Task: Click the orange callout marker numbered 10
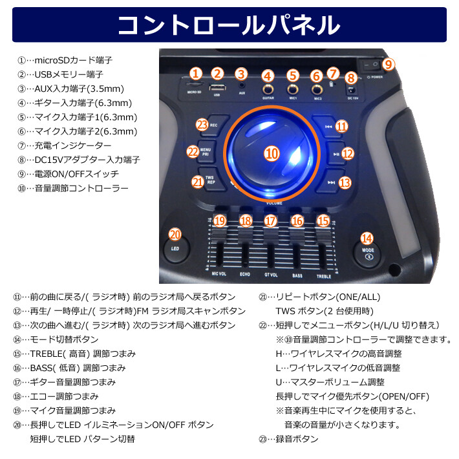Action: coord(272,153)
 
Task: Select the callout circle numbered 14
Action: coord(367,238)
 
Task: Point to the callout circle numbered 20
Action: coord(175,235)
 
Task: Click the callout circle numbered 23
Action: coord(202,123)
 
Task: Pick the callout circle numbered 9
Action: coord(388,64)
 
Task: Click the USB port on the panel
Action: coord(217,87)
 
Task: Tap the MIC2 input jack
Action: coord(317,89)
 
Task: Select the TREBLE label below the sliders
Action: coord(323,275)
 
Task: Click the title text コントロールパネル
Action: coord(229,25)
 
